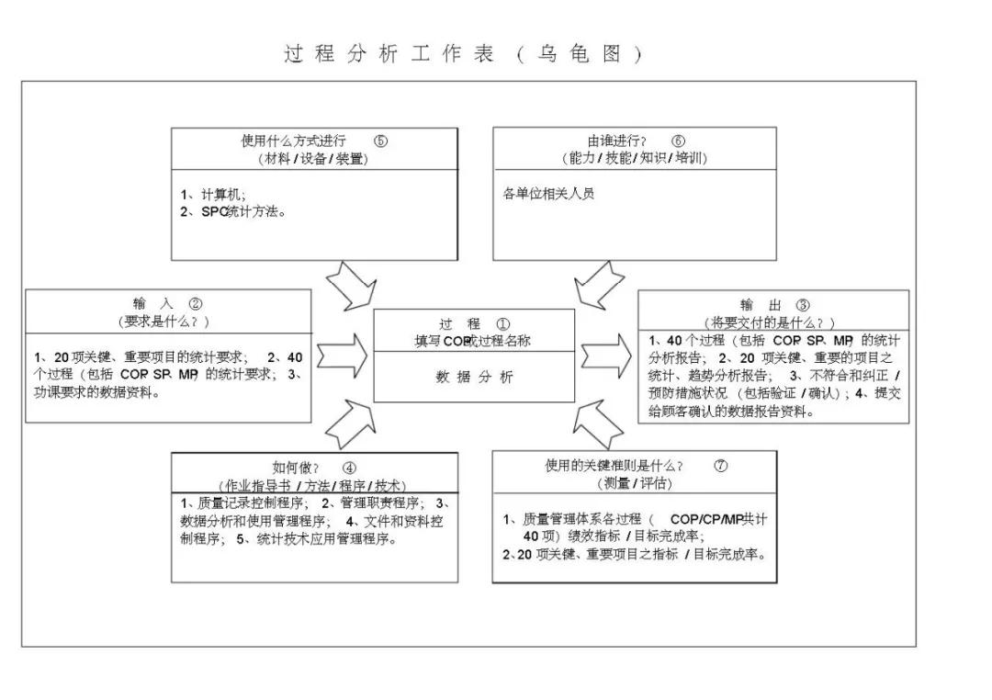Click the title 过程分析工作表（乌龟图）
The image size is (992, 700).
463,53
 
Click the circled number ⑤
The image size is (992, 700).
381,141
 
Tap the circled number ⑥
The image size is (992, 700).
678,141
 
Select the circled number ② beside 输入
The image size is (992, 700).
196,304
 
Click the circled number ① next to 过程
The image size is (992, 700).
502,323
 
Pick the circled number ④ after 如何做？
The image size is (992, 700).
350,467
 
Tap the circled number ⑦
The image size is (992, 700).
721,465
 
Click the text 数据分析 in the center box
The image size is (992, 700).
474,377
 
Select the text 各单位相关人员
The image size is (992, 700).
548,194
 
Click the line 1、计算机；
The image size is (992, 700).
213,194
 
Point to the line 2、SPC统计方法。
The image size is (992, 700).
233,211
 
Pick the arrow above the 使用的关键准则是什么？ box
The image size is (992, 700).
597,423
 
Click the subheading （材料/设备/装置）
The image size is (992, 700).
313,158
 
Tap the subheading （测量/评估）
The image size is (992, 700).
634,483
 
